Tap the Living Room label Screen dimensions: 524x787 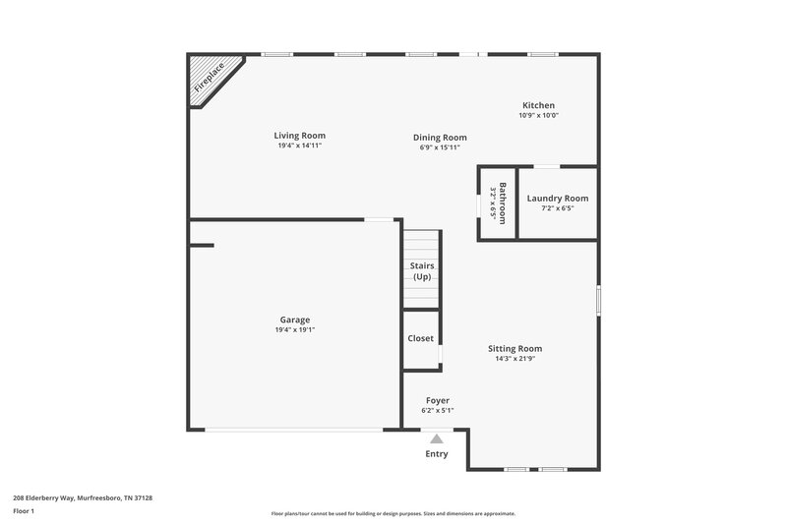tap(299, 136)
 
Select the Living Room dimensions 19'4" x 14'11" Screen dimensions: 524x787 tap(299, 146)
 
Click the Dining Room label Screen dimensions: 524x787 tap(440, 138)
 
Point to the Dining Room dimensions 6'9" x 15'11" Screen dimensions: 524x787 tap(440, 147)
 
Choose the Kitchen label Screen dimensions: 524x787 tap(538, 105)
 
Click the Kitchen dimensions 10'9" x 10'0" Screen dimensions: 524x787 tap(538, 115)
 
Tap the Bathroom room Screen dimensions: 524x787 tap(497, 203)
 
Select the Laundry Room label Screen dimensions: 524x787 tap(558, 199)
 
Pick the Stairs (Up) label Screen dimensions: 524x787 tap(422, 271)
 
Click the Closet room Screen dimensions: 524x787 tap(421, 338)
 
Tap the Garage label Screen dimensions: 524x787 tap(295, 320)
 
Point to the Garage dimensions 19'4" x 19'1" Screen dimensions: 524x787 tap(295, 330)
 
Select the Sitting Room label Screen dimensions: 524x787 tap(515, 348)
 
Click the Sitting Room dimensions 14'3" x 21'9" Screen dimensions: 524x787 tap(515, 359)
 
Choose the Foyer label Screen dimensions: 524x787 tap(438, 400)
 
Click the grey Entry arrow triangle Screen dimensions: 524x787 tap(437, 439)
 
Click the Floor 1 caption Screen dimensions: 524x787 tap(23, 511)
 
